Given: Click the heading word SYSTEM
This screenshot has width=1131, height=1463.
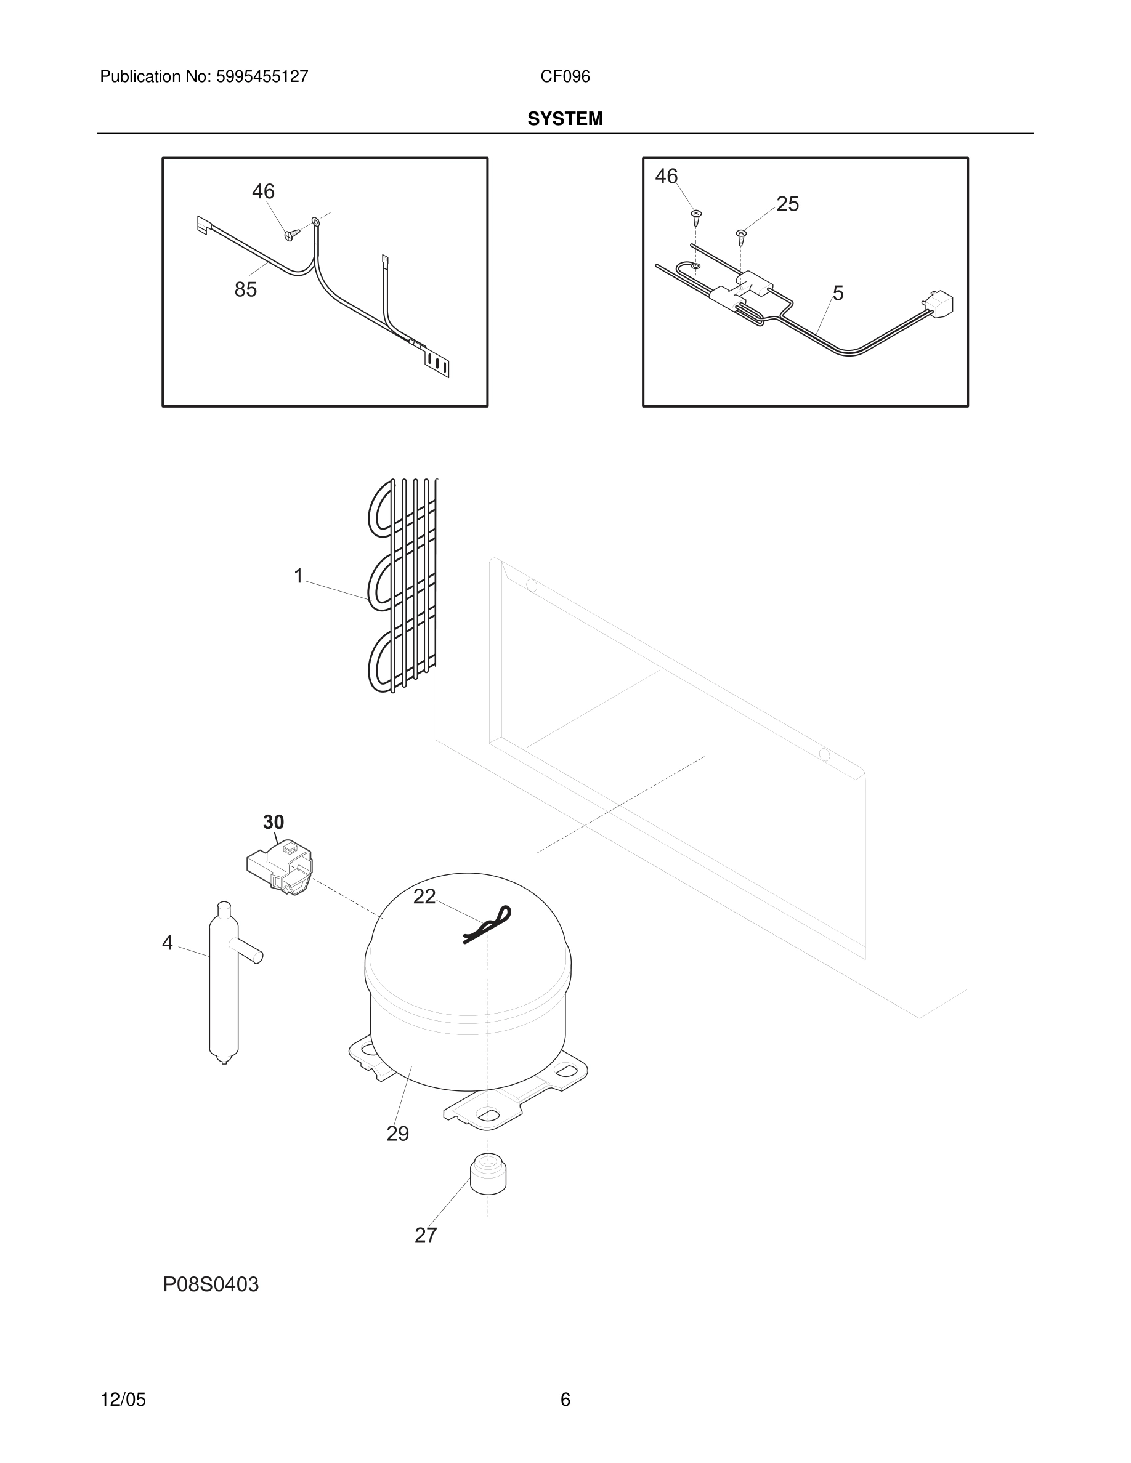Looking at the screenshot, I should coord(565,119).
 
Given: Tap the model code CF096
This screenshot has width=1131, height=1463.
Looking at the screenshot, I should coord(565,77).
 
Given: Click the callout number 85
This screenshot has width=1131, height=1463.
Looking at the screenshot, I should coord(245,289).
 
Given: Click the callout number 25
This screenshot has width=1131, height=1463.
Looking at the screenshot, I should coord(787,204).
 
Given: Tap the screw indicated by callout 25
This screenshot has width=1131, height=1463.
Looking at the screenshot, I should coord(741,236).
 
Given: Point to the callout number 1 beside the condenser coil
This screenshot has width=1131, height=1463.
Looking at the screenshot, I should coord(299,576).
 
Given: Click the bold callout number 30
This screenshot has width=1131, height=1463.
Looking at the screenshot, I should coord(274,822).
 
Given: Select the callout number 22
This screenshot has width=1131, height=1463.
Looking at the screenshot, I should coord(424,897).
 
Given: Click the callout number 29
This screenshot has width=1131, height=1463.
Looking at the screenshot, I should coord(397,1134).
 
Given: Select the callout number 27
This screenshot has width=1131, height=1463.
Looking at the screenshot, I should coord(426,1235).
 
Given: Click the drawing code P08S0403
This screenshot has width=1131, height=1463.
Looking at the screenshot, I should coord(211,1284).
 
